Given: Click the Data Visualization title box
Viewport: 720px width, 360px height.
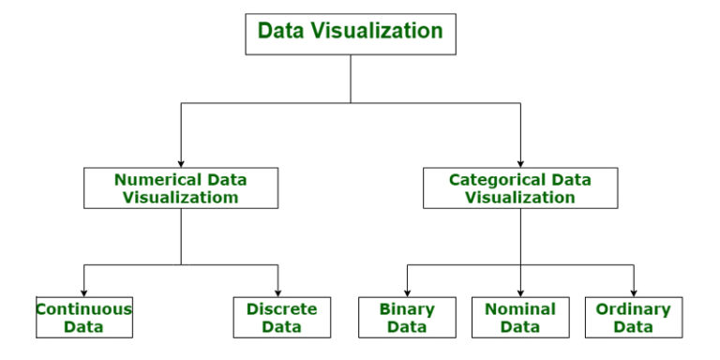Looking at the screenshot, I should (x=350, y=32).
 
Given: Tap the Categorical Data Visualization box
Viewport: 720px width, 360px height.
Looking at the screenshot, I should (x=519, y=187).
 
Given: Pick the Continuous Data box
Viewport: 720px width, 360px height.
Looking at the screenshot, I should (x=84, y=318).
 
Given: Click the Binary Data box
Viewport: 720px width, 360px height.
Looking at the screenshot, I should (x=407, y=318).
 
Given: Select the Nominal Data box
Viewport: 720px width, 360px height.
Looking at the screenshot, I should (x=520, y=318).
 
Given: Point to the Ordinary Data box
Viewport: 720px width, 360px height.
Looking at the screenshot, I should (x=633, y=318).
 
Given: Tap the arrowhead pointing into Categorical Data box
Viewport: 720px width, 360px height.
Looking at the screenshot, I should (x=519, y=162).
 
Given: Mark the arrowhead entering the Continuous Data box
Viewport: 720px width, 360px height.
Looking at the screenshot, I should (x=84, y=292).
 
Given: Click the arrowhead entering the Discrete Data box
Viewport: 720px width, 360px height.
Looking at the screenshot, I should (x=277, y=292).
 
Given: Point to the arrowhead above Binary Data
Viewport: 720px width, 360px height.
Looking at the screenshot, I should (x=407, y=292).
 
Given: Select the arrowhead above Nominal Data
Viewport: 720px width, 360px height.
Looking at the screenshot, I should (x=520, y=292).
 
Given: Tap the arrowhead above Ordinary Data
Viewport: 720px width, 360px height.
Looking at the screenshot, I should (x=633, y=292).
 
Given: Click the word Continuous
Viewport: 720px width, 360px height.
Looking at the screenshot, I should (x=84, y=308).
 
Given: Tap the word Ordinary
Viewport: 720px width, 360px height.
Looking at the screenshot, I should (x=633, y=308).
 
